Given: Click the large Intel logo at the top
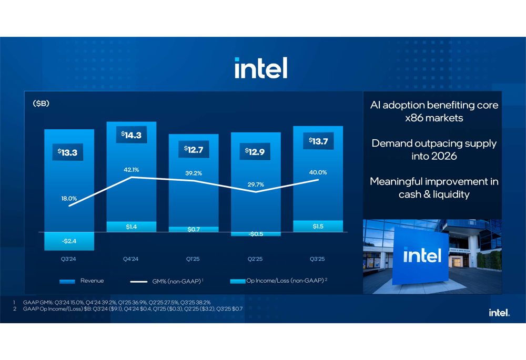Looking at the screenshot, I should click(261, 68).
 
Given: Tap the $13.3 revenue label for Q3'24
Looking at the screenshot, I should click(68, 152).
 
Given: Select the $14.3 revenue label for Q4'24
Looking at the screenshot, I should click(131, 135).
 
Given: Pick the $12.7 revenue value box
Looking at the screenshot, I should click(193, 150).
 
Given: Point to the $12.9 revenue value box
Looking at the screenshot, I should click(255, 152).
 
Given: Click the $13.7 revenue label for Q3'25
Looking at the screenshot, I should click(318, 141).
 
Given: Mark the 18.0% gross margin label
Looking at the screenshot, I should click(68, 199).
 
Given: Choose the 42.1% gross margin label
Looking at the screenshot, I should click(131, 170).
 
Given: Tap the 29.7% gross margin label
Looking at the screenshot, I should click(255, 184).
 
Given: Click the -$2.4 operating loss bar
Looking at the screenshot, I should click(69, 241).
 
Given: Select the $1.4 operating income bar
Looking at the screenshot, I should click(131, 227).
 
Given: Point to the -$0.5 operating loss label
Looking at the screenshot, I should click(255, 234).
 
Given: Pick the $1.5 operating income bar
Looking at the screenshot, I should click(318, 226).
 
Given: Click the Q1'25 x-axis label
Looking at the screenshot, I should click(193, 259).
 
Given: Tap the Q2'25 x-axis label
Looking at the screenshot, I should click(255, 259).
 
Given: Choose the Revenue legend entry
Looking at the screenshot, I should click(82, 281).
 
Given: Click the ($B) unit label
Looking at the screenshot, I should click(41, 104).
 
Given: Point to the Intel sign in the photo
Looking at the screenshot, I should click(422, 255).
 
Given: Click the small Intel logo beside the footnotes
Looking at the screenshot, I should click(499, 313).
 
